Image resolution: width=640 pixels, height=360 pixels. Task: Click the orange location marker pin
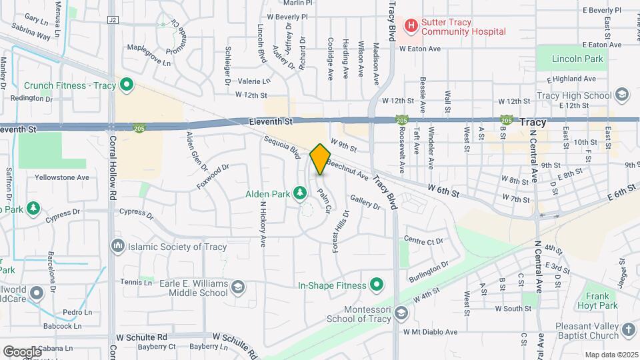(x=320, y=159)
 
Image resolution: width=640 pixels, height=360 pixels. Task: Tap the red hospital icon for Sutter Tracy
(x=411, y=26)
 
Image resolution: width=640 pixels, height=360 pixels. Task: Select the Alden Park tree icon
(x=301, y=193)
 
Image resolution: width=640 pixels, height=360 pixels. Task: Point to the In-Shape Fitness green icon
(x=377, y=285)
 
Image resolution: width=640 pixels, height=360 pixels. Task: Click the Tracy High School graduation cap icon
(x=622, y=95)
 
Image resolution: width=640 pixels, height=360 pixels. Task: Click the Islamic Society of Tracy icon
(x=119, y=247)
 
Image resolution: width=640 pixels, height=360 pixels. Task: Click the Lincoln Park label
(x=577, y=59)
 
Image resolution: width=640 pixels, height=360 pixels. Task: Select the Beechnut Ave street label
(x=347, y=171)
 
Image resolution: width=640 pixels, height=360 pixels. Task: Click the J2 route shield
(x=112, y=21)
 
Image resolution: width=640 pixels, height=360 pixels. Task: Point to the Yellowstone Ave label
(x=64, y=178)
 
